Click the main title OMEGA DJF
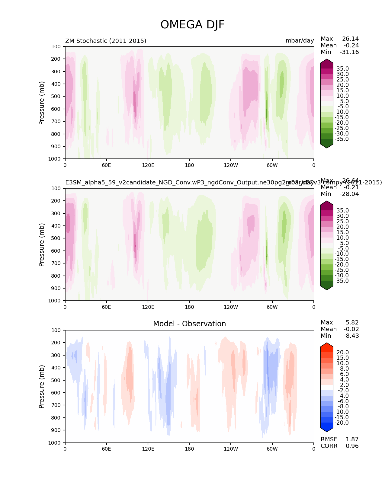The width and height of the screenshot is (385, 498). click(x=192, y=25)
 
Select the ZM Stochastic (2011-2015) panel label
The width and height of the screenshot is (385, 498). click(x=106, y=41)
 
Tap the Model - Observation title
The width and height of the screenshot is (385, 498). click(x=189, y=324)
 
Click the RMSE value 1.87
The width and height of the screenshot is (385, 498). click(x=352, y=439)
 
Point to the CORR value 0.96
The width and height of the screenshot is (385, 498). click(x=352, y=446)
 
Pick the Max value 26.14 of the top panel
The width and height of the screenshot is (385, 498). click(x=350, y=39)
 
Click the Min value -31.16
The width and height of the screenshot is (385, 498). click(x=349, y=52)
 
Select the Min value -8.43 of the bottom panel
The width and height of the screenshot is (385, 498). click(x=351, y=336)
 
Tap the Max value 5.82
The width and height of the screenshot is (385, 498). click(x=352, y=323)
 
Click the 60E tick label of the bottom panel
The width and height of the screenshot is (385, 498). click(x=106, y=449)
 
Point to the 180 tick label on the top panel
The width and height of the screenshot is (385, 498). click(x=189, y=165)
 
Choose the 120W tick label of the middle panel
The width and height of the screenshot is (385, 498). click(x=231, y=307)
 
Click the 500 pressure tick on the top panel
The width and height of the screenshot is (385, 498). click(x=56, y=97)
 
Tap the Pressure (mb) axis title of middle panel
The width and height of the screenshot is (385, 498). click(x=42, y=245)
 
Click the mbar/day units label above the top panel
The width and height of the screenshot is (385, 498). click(x=300, y=41)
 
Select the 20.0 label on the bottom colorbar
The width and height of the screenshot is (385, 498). click(x=342, y=353)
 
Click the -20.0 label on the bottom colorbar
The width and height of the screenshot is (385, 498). click(x=342, y=423)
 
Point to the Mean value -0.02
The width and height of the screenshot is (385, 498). click(x=351, y=329)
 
